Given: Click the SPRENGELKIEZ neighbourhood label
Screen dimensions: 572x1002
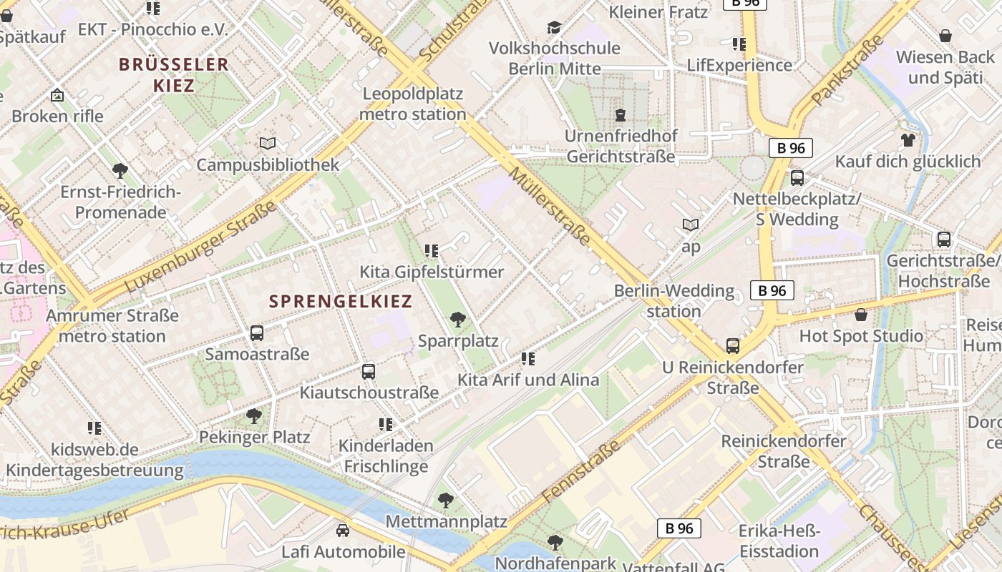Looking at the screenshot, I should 341,301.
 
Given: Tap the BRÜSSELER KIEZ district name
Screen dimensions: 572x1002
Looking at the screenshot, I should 174,74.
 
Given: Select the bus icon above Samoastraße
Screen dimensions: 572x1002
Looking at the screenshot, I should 257,332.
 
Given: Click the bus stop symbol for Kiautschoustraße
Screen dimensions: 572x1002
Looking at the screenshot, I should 369,371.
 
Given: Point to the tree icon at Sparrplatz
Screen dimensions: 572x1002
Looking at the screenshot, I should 457,319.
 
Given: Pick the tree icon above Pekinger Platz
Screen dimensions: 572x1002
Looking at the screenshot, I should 253,415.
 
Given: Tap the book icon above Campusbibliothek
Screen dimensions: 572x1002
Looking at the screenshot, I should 268,144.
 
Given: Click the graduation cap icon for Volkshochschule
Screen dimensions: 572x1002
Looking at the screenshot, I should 554,27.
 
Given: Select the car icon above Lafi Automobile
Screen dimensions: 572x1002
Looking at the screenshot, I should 343,531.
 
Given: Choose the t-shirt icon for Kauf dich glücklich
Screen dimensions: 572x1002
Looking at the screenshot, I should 908,139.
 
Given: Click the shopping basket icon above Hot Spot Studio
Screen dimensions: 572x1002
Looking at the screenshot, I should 861,314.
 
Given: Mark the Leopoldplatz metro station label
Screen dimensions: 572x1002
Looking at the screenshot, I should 413,104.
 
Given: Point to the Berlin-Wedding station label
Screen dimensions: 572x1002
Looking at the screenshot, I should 673,301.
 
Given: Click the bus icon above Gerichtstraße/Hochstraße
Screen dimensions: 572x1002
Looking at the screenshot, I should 944,240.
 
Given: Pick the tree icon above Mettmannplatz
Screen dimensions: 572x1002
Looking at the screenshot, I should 446,500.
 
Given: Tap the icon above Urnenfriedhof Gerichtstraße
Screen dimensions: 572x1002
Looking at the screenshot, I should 620,114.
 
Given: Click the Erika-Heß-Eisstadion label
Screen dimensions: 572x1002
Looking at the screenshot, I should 779,541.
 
